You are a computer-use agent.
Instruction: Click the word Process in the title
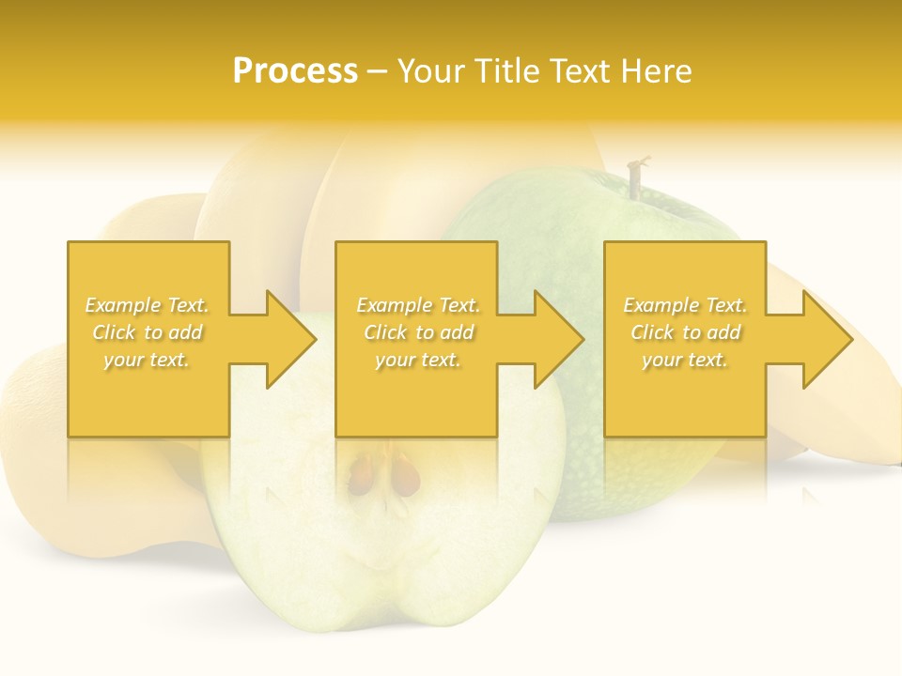(x=295, y=71)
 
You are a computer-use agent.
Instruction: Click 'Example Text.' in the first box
(x=147, y=305)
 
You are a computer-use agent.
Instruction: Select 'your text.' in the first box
(x=147, y=360)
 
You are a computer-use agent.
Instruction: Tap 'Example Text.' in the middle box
(x=418, y=305)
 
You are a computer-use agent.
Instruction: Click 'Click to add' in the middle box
(x=418, y=332)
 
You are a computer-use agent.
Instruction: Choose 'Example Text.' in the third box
(x=685, y=305)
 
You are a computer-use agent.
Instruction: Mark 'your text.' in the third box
(x=685, y=360)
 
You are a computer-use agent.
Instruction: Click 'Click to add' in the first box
(x=147, y=332)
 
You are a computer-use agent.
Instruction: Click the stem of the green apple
(x=636, y=178)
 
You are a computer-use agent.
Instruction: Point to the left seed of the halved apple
(x=362, y=474)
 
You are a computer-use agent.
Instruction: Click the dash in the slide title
(x=377, y=71)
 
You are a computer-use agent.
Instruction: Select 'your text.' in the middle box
(x=418, y=360)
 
